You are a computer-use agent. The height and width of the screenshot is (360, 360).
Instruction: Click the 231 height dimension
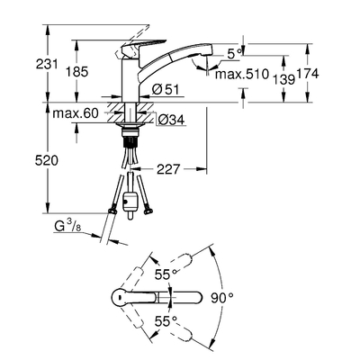47,64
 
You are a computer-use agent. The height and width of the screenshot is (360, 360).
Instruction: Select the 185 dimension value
77,72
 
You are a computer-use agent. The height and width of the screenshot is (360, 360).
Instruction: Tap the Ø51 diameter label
166,90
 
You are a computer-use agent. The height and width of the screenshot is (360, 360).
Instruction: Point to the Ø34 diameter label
171,121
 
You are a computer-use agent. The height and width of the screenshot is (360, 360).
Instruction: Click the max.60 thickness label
76,113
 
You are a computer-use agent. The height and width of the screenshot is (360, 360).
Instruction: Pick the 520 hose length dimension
47,161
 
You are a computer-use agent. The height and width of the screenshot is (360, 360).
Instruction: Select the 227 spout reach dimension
168,169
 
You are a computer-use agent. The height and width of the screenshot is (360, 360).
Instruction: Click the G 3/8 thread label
67,226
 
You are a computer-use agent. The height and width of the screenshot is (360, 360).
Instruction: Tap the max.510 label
242,74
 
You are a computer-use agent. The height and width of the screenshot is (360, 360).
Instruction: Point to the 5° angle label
234,54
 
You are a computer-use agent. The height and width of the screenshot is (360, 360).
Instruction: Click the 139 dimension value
283,79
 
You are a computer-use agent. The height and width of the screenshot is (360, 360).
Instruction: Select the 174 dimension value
308,74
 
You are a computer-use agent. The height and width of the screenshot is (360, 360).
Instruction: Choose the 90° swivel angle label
221,298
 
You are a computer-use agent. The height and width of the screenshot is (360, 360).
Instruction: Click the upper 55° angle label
166,274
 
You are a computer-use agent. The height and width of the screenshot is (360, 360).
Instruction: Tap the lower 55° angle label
166,322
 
